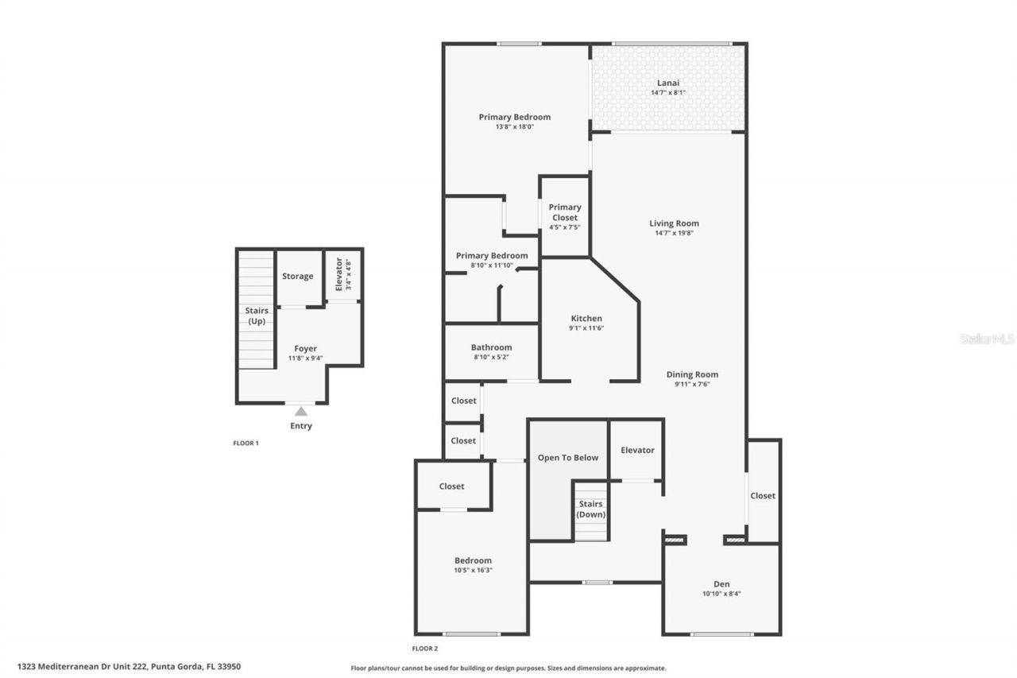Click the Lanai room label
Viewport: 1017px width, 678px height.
tap(667, 83)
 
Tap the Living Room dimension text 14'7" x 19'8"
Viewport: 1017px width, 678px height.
tap(674, 234)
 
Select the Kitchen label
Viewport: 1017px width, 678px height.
tap(586, 319)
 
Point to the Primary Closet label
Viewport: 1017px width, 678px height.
tap(564, 212)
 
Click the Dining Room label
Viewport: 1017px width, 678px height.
tap(691, 374)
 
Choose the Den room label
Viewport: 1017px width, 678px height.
tap(721, 584)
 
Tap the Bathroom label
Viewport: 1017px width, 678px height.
tap(491, 347)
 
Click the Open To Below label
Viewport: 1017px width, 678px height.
tap(567, 458)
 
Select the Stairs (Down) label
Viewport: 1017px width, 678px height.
tap(590, 509)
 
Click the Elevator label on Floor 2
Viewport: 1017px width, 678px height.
tap(637, 450)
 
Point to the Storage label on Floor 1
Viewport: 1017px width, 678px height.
tap(298, 277)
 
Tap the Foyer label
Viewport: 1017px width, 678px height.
tap(305, 348)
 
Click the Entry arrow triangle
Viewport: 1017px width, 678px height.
tap(301, 411)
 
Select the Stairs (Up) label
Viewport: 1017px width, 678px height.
tap(257, 316)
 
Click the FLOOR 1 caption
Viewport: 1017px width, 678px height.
tap(246, 443)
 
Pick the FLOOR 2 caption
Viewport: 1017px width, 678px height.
tap(425, 649)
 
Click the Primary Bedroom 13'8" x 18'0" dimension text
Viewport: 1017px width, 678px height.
tap(514, 127)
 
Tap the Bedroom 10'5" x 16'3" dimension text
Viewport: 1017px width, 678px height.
tap(473, 570)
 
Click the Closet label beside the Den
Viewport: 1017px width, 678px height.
tap(762, 496)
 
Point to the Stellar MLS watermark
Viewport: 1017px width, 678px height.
tap(987, 339)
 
